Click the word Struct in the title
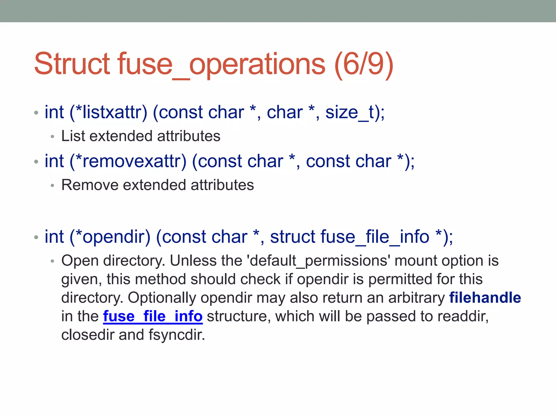click(x=72, y=64)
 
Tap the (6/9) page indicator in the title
click(x=364, y=64)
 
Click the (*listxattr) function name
click(x=108, y=112)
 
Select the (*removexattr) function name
click(x=128, y=161)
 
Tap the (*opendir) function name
click(x=110, y=237)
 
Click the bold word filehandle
click(x=485, y=298)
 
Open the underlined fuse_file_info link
click(x=153, y=316)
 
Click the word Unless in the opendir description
click(x=193, y=261)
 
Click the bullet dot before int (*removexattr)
click(x=36, y=162)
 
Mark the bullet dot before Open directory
click(x=53, y=261)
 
